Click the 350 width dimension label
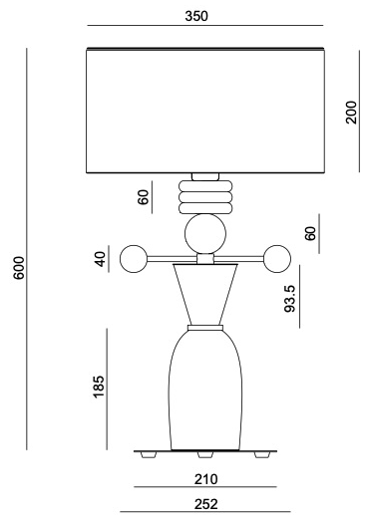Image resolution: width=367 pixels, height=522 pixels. (196, 16)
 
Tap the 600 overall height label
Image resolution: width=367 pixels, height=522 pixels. (19, 268)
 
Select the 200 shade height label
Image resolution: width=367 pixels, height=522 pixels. (351, 113)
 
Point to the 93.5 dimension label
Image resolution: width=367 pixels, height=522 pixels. (290, 299)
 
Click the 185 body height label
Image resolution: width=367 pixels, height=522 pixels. (99, 387)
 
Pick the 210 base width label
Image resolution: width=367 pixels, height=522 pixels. (206, 479)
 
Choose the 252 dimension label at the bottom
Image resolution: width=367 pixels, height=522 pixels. (206, 504)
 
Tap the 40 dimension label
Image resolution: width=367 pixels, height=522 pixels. (100, 259)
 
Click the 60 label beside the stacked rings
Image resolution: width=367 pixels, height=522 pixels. (143, 197)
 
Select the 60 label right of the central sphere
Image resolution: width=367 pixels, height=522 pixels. (310, 233)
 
